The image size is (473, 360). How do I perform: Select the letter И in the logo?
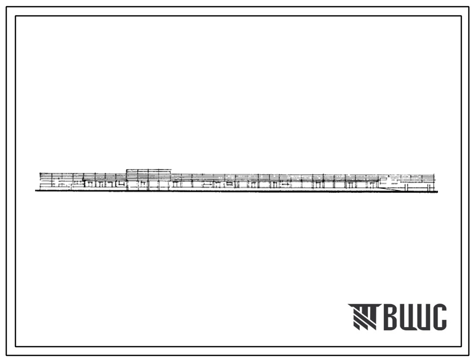(423, 317)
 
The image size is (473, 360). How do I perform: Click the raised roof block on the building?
(148, 172)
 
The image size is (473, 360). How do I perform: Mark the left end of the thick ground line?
(35, 191)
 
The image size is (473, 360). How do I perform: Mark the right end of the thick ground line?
(438, 191)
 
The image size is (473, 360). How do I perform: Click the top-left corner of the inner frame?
(16, 16)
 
